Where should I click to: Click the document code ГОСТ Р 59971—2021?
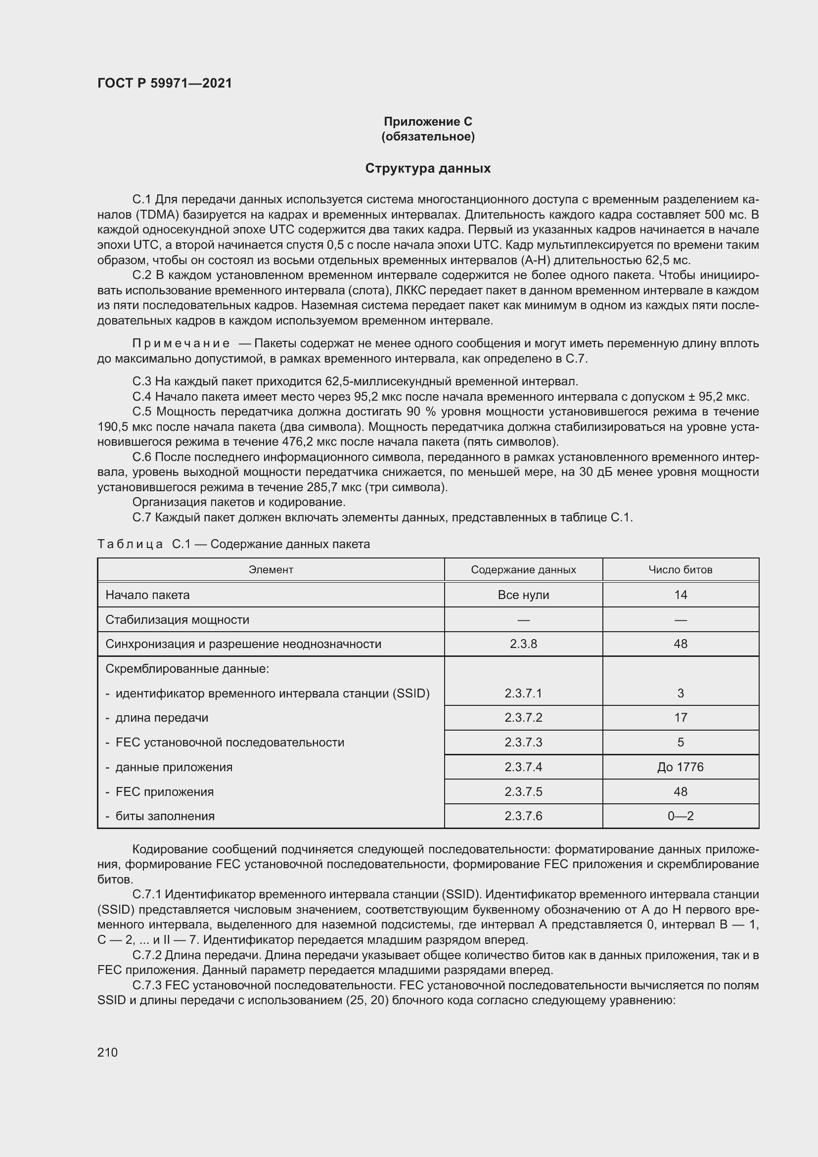click(x=165, y=83)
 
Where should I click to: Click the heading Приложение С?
click(x=428, y=122)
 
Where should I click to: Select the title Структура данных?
click(x=428, y=168)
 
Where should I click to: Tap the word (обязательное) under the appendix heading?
click(x=428, y=137)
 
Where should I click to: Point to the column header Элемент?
click(x=271, y=570)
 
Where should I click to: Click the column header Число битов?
click(x=680, y=570)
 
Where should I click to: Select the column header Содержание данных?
click(x=523, y=570)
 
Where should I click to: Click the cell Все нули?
click(x=523, y=595)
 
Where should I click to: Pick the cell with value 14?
click(x=680, y=595)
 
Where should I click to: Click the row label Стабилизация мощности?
click(x=178, y=620)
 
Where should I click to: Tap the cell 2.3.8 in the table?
click(x=523, y=644)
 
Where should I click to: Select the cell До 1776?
click(x=680, y=767)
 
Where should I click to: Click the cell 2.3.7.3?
click(x=523, y=742)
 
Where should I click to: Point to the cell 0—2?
click(x=680, y=816)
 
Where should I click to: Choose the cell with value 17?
click(x=680, y=718)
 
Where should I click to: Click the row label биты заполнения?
click(x=165, y=816)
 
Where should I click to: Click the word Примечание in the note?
click(x=181, y=344)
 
